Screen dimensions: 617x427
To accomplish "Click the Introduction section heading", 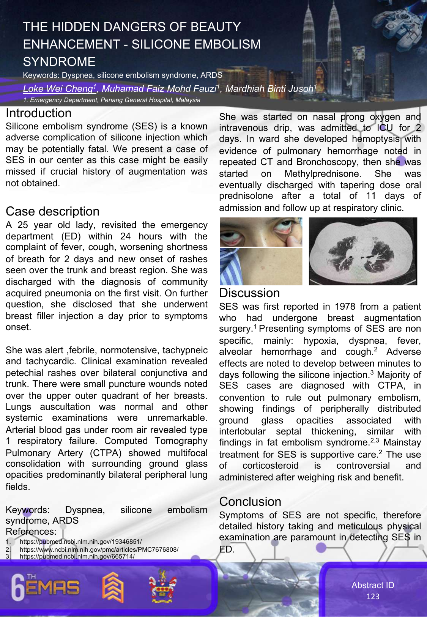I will tap(38, 113).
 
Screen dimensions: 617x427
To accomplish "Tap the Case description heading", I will tap(52, 211).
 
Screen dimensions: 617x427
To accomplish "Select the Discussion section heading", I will tap(249, 293).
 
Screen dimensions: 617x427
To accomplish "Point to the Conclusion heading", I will tap(250, 502).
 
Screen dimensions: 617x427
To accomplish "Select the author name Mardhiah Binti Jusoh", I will tap(270, 89).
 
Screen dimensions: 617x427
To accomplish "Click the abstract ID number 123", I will tap(373, 597).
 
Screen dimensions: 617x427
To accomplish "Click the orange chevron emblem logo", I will tap(113, 587).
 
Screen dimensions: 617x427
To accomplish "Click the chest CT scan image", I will tap(363, 251).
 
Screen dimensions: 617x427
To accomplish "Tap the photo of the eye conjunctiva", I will tap(261, 232).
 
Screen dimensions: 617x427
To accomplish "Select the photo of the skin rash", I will tap(261, 266).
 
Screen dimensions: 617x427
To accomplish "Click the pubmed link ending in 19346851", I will tap(80, 542).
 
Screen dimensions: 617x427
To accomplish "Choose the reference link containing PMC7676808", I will tap(99, 549).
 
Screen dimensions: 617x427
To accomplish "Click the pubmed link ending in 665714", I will tap(77, 557).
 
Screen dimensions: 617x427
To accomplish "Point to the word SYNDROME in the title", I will tap(59, 62).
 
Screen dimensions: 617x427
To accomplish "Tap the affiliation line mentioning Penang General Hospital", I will tap(112, 100).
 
